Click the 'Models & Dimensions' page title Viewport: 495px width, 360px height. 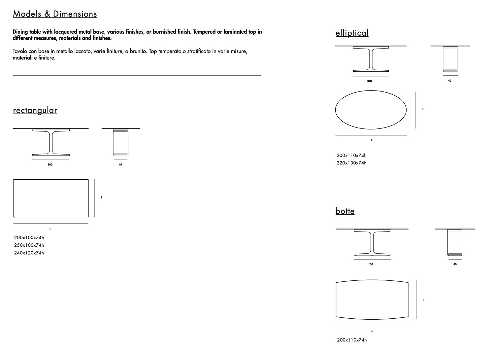(x=55, y=14)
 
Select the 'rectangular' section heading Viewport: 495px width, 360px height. (x=35, y=110)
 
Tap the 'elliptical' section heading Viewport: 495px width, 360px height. (x=352, y=33)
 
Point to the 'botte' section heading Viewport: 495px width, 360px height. (x=345, y=211)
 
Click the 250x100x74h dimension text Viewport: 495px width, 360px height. (x=29, y=245)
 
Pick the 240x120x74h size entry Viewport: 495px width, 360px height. (x=29, y=253)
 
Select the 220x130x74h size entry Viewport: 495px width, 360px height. (x=351, y=163)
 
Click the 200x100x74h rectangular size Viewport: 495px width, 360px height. (x=29, y=237)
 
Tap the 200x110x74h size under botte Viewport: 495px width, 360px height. (x=352, y=340)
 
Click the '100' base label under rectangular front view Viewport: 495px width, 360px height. (x=50, y=165)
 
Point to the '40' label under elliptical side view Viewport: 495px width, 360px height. (x=449, y=81)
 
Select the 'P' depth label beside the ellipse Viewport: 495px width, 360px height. (x=423, y=109)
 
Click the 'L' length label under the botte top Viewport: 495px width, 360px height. (x=372, y=331)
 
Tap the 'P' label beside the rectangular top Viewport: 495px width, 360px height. (x=102, y=198)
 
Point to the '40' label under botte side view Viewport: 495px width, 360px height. (x=455, y=265)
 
